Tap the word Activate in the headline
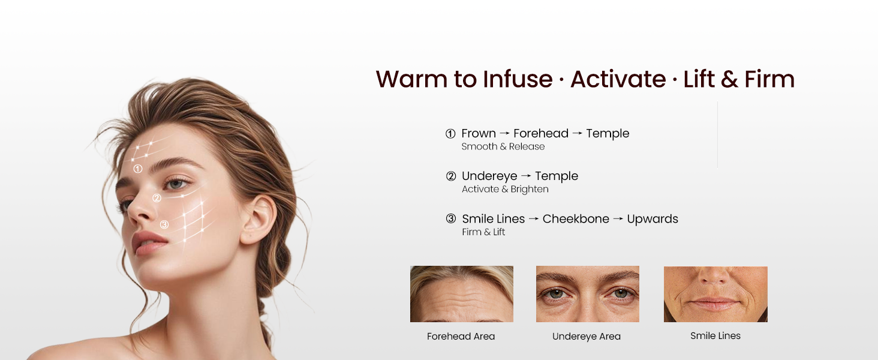tap(618, 80)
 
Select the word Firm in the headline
tap(769, 80)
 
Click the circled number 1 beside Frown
tap(450, 134)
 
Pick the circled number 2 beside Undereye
tap(451, 176)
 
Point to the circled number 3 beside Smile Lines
tap(451, 219)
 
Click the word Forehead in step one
tap(540, 133)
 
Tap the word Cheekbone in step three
tap(576, 219)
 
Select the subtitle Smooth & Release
tap(503, 146)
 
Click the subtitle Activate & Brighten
tap(505, 189)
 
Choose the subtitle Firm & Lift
tap(483, 232)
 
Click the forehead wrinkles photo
tap(461, 294)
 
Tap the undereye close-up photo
tap(587, 294)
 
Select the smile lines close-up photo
tap(715, 294)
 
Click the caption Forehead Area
tap(461, 337)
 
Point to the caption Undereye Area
tap(586, 337)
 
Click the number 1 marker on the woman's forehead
tap(138, 169)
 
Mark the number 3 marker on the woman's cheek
tap(164, 224)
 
